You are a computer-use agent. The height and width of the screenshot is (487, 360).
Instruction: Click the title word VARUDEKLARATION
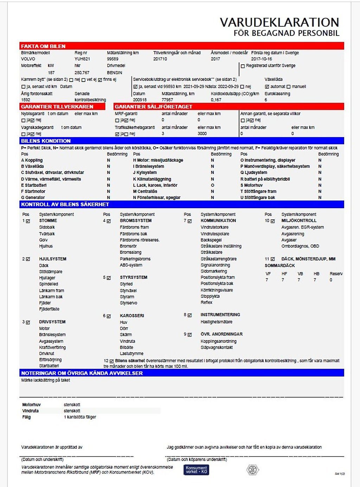(279, 23)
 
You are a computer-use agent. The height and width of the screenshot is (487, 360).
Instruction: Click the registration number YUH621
(82, 59)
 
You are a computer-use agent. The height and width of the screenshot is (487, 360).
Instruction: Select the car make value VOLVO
(28, 59)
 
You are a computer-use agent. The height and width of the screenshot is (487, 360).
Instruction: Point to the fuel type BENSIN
(115, 72)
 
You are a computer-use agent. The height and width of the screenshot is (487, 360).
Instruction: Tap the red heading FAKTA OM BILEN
(43, 46)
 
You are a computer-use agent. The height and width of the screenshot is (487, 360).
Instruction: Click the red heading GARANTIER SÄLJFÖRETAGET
(153, 107)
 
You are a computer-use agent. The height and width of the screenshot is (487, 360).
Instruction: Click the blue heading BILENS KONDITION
(46, 141)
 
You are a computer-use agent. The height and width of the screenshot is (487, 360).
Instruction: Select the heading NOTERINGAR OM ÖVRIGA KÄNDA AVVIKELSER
(82, 373)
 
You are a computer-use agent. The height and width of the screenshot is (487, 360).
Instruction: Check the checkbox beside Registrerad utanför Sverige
(243, 66)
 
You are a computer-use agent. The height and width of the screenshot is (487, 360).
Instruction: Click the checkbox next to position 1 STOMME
(28, 221)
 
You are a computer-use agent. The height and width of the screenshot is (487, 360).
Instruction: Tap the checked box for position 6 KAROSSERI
(109, 316)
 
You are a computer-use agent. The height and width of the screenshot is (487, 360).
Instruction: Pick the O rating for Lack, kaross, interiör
(212, 185)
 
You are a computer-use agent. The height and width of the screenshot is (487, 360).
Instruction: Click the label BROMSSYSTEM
(136, 221)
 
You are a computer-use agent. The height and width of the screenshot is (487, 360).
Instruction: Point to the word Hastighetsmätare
(216, 322)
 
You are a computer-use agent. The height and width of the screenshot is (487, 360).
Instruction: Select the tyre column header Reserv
(336, 274)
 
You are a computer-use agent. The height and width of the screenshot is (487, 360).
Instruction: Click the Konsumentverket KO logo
(196, 470)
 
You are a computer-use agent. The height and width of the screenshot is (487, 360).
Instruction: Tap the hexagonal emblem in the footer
(252, 470)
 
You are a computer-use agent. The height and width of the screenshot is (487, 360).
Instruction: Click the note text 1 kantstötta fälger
(80, 417)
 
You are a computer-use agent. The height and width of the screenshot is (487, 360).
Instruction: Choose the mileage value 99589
(112, 59)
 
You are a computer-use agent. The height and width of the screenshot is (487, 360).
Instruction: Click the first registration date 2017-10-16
(261, 59)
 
